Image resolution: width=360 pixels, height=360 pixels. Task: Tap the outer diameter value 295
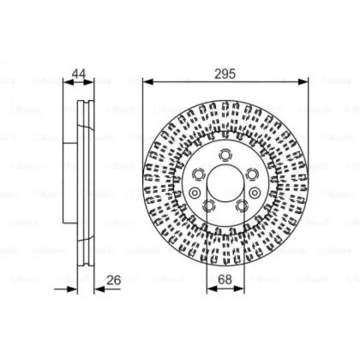click(x=225, y=74)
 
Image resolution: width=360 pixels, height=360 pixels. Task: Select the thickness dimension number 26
click(x=114, y=280)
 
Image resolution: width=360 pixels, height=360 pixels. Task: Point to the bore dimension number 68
click(x=225, y=280)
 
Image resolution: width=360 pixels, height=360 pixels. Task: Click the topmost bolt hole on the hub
click(x=225, y=155)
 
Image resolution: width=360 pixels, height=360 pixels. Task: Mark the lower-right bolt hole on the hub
click(x=241, y=205)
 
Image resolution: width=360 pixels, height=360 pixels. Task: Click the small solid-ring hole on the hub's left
click(x=195, y=193)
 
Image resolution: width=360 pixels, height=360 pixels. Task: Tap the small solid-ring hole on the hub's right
click(x=255, y=193)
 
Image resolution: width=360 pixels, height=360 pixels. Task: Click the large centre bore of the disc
click(x=225, y=183)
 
